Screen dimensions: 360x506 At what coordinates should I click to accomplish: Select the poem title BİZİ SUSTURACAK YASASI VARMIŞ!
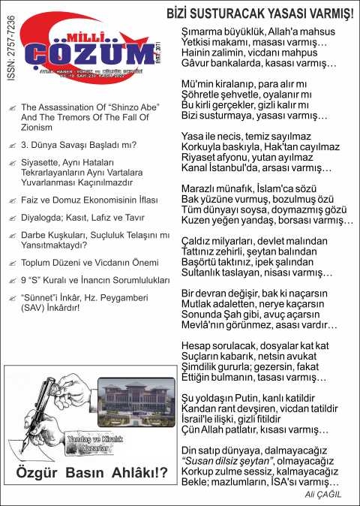[x=259, y=14]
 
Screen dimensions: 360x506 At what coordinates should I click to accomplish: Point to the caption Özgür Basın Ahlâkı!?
[x=91, y=473]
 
